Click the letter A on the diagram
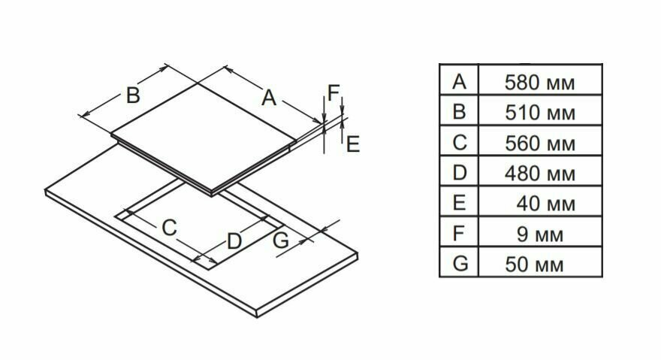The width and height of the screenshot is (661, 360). pos(269,97)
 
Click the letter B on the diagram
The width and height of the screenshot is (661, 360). pos(132,95)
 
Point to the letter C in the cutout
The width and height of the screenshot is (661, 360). pos(170,227)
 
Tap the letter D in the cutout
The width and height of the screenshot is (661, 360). pos(234,241)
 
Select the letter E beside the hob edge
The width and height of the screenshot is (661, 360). pos(352,144)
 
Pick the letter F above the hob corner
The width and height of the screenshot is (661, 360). pos(334,93)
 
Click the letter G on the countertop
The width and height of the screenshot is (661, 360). pos(280,241)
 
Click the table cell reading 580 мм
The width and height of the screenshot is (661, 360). pos(540,83)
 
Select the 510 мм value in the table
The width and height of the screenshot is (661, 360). pos(540,113)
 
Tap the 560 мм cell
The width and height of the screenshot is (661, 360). pos(540,144)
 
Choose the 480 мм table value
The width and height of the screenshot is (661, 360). pos(540,174)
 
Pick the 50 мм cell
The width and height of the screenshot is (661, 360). pos(539,265)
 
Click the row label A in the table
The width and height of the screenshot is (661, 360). pos(460,82)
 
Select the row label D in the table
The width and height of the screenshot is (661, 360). pos(460,173)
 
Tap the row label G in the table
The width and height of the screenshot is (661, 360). pos(460,263)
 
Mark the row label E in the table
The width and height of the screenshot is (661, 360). pos(460,203)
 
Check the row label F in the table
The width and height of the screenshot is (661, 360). pos(460,233)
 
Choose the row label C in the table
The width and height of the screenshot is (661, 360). pos(460,142)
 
